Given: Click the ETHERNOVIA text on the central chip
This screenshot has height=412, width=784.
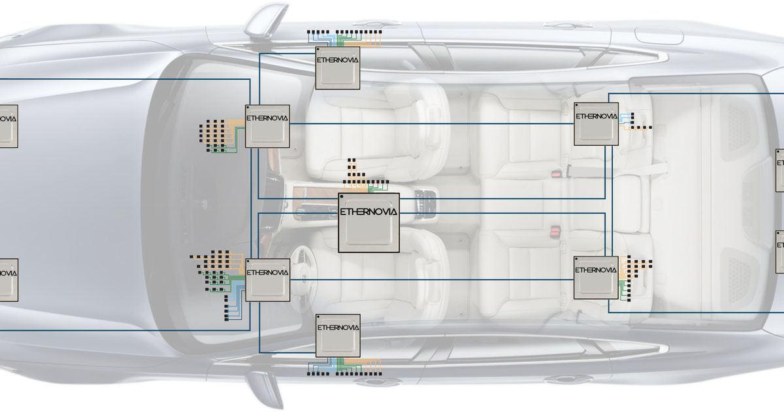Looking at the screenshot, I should (x=368, y=212).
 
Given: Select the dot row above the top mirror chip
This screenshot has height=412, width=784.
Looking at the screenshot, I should (x=344, y=31).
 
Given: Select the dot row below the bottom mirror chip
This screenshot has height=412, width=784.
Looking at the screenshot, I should (x=344, y=375).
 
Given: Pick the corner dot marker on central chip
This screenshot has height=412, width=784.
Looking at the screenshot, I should (x=342, y=197).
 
